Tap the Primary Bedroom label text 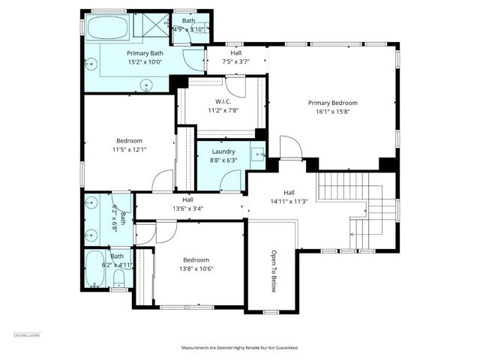point(332,103)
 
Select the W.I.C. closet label point(222,100)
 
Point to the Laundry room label point(223,151)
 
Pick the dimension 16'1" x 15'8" point(332,112)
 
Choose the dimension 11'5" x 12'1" point(129,149)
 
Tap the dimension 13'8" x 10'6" point(197,268)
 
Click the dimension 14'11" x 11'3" point(289,201)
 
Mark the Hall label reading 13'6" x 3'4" point(187,208)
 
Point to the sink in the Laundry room point(257,155)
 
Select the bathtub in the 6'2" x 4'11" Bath point(95,268)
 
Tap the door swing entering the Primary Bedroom point(291,148)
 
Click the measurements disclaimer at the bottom point(240,348)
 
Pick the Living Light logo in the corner point(26,334)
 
